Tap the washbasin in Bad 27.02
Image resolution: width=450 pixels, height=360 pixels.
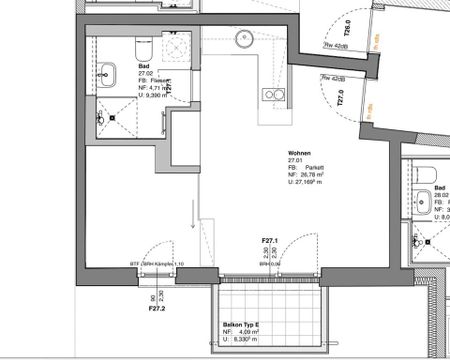(107, 72)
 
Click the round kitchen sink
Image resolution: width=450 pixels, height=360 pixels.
(243, 41)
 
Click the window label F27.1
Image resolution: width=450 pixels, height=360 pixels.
(269, 241)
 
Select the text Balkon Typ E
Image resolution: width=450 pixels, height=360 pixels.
(240, 326)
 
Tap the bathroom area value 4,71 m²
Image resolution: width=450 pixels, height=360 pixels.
(149, 89)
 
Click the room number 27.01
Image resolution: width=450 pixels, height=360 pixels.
(295, 157)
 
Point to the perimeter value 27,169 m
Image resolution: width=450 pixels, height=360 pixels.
(311, 184)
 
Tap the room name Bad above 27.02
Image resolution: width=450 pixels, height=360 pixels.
(142, 65)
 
